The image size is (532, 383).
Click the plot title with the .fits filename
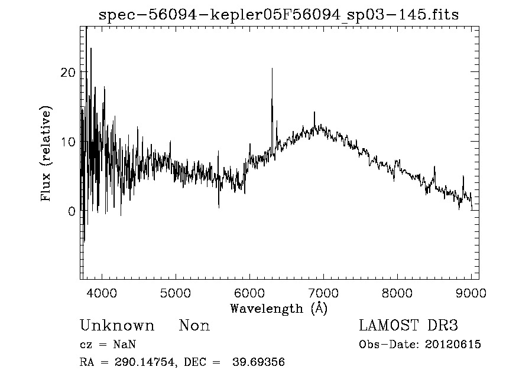coord(279,14)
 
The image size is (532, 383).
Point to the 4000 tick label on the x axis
coord(102,293)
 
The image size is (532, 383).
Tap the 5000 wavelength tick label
coord(176,293)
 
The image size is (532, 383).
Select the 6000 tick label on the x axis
coord(249,293)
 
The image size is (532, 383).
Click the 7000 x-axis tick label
coord(323,293)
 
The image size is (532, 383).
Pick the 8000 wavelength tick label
coord(397,293)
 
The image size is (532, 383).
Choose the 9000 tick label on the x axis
coord(471,293)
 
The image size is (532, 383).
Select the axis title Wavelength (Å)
coord(278,308)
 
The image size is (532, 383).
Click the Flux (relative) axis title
coord(46,153)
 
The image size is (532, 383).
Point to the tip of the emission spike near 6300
coord(272,68)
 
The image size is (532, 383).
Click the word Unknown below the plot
coord(116,326)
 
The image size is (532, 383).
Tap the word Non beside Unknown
coord(194,326)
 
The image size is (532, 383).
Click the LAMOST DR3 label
coord(408,325)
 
